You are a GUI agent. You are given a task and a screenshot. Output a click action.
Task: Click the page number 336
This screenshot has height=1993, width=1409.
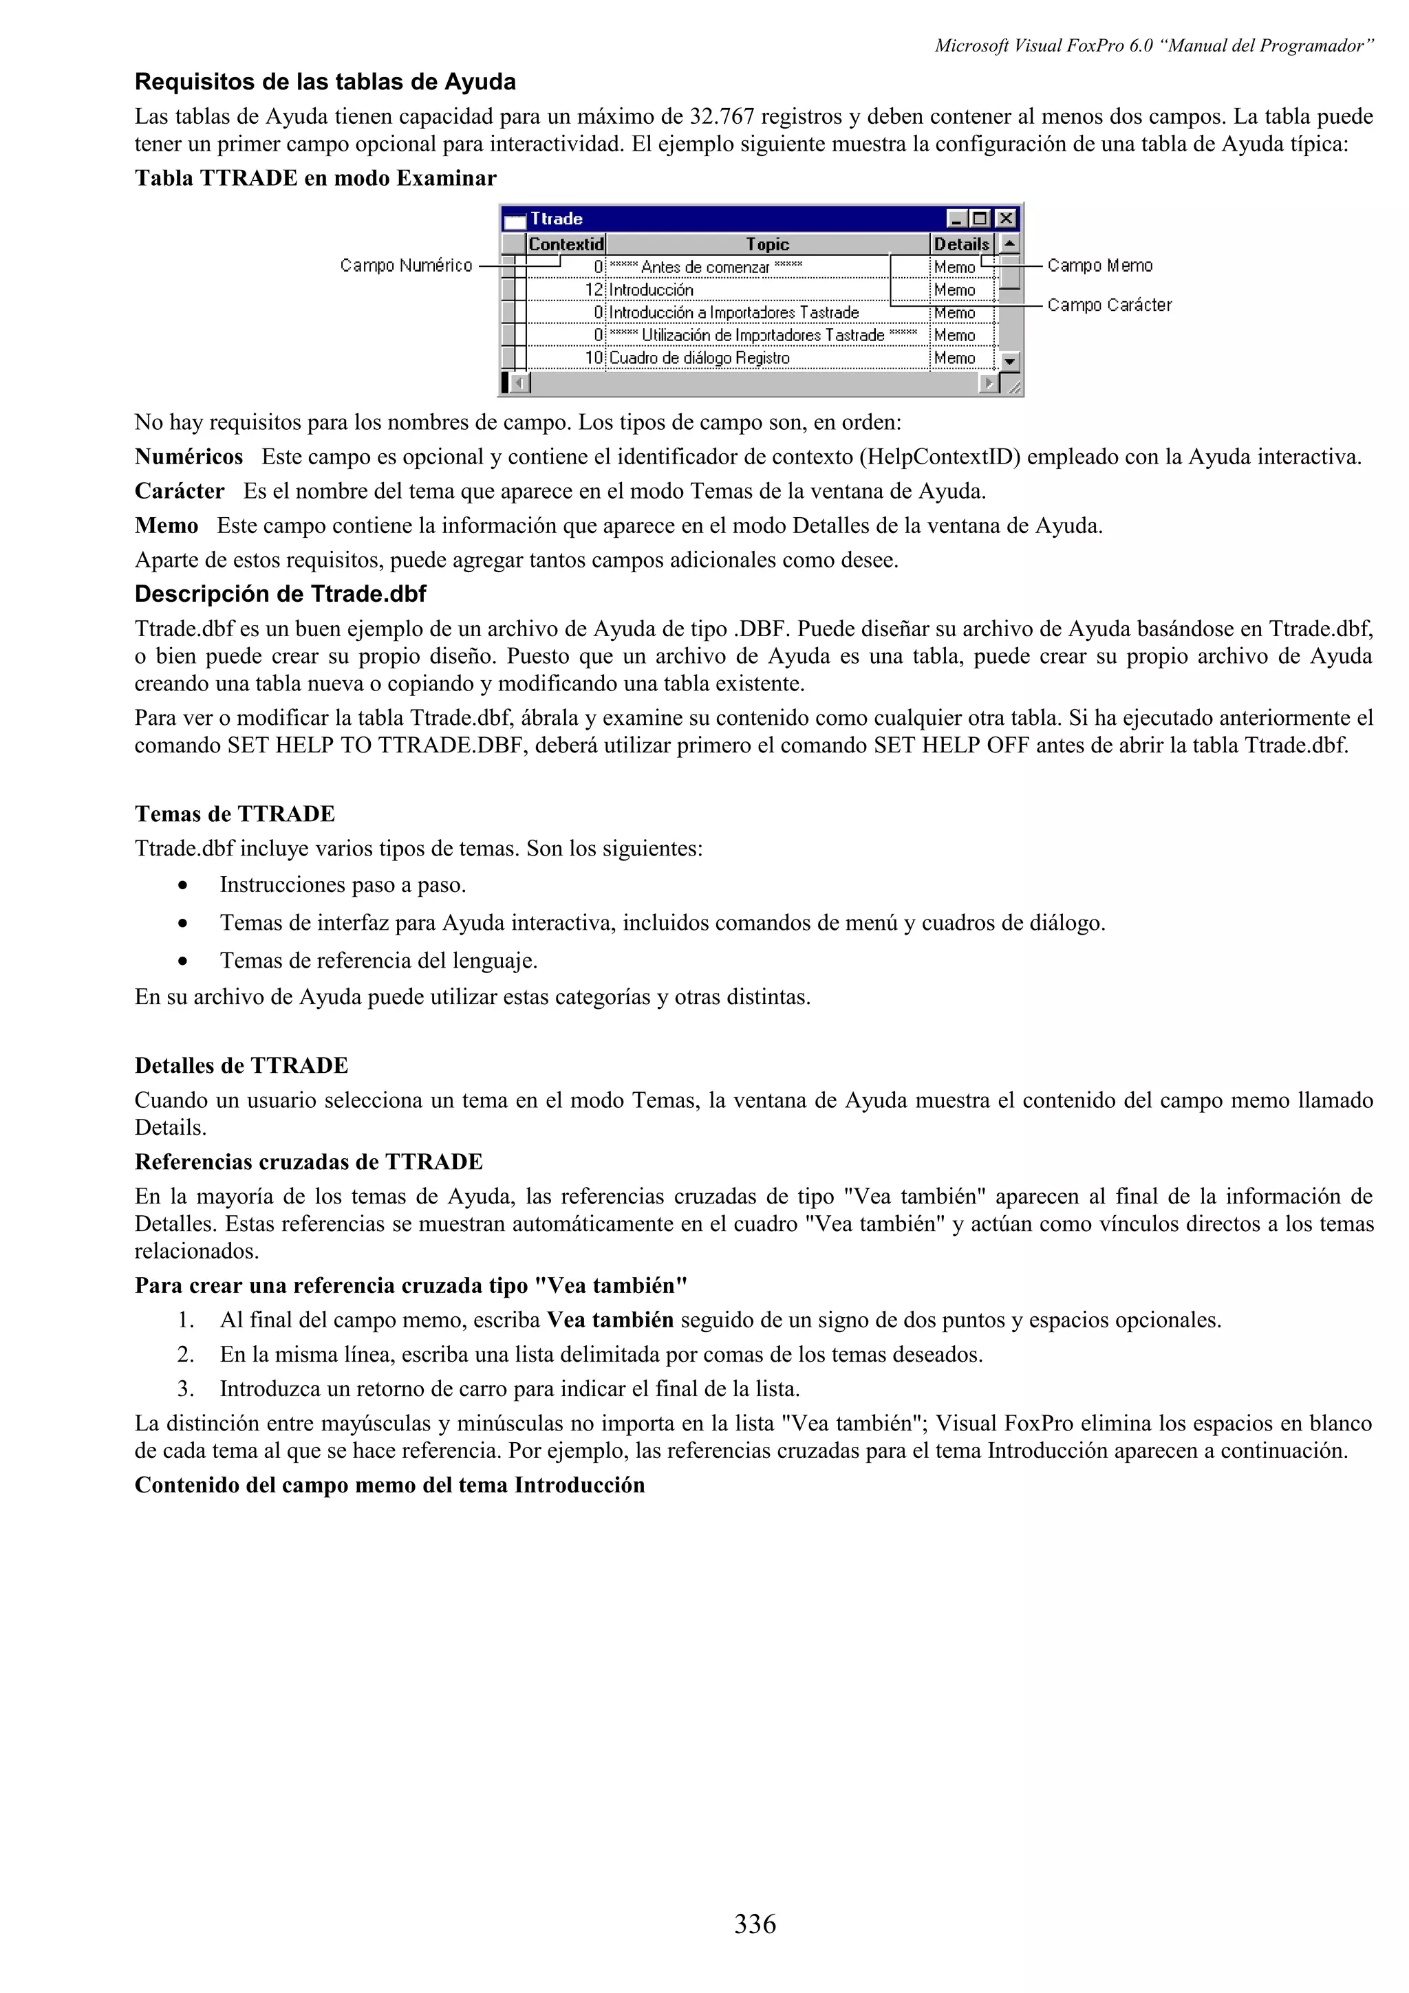coord(755,1924)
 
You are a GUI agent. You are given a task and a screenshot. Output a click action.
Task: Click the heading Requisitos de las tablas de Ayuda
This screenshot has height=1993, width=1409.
coord(325,82)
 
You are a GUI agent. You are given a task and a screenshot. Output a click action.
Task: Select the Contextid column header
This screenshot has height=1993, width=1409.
coord(565,244)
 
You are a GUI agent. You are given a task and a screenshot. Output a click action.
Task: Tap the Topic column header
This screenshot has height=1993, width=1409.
coord(767,244)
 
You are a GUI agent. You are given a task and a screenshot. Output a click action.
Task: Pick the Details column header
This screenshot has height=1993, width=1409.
coord(961,244)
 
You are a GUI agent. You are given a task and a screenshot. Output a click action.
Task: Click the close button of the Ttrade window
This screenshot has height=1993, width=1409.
coord(1005,219)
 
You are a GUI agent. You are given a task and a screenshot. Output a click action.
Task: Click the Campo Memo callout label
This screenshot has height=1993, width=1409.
coord(1099,265)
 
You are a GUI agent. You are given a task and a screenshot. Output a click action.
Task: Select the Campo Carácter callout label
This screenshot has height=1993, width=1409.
coord(1108,305)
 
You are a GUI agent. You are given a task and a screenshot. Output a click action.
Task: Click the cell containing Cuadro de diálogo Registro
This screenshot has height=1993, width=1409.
coord(699,358)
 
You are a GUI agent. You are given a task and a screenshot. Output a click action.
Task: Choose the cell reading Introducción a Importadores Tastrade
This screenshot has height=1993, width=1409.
coord(733,312)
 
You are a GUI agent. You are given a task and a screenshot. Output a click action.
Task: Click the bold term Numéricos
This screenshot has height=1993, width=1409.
coord(189,457)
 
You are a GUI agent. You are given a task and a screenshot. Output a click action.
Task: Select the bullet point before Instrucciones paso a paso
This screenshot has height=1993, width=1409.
coord(182,885)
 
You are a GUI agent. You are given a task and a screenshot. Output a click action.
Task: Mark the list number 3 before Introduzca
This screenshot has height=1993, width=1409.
coord(185,1388)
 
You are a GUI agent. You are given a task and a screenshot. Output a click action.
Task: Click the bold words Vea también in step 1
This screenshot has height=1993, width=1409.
coord(610,1320)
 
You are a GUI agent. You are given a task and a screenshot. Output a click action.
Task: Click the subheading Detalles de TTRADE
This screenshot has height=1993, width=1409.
coord(241,1065)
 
